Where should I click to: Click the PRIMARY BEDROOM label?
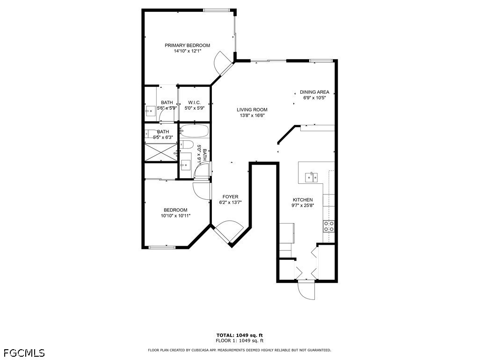click(187, 45)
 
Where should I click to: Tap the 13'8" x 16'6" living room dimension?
click(252, 115)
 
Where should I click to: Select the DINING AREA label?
click(314, 92)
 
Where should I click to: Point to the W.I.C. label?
click(194, 103)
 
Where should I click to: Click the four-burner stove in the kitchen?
click(329, 226)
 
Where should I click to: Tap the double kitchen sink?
click(311, 177)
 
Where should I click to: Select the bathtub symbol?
click(194, 131)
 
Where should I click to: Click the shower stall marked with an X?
click(161, 152)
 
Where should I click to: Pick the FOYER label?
click(230, 197)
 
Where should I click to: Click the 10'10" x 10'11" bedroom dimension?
click(176, 216)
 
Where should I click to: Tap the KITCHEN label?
click(303, 200)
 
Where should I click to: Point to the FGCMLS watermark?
click(23, 353)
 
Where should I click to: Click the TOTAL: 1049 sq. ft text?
click(239, 335)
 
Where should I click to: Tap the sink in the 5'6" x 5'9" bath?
click(150, 112)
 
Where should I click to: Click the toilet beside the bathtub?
click(186, 144)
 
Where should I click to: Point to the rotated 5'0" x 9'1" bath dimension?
click(202, 155)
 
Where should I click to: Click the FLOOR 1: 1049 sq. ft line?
click(239, 340)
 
